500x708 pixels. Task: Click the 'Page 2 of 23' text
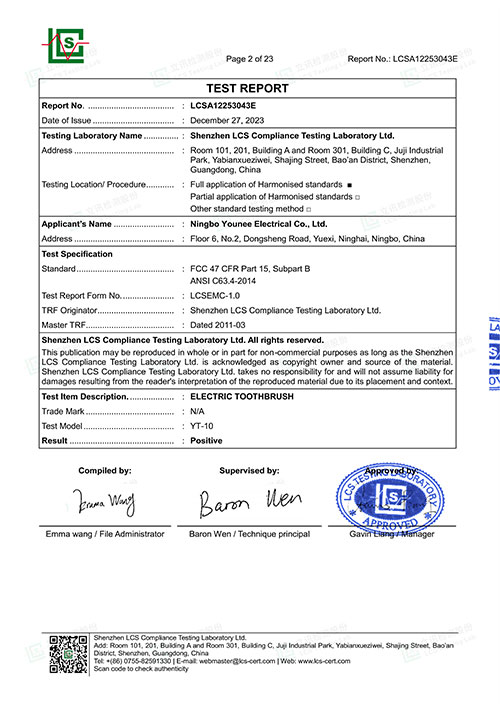coord(257,59)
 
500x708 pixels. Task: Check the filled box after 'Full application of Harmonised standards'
coord(349,186)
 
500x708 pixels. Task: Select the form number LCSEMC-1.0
coord(219,296)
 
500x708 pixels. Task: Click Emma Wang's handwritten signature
coord(104,499)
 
